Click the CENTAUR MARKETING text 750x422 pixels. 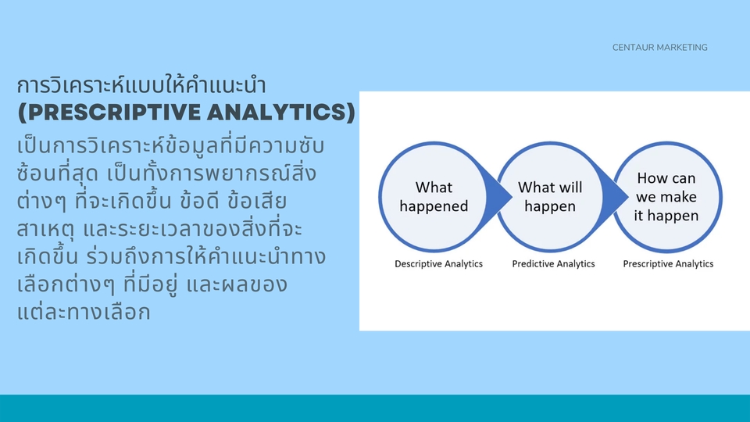pos(659,48)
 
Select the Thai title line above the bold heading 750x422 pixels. pos(141,85)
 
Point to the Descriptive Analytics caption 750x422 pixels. pos(438,263)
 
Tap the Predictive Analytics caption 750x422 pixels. pos(553,263)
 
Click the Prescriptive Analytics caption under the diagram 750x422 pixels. pos(668,263)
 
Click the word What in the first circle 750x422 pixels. pos(434,187)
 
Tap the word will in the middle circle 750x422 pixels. pos(570,187)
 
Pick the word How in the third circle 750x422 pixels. pos(651,178)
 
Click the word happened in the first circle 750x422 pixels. pos(434,206)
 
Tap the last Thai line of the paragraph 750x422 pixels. pos(84,312)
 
